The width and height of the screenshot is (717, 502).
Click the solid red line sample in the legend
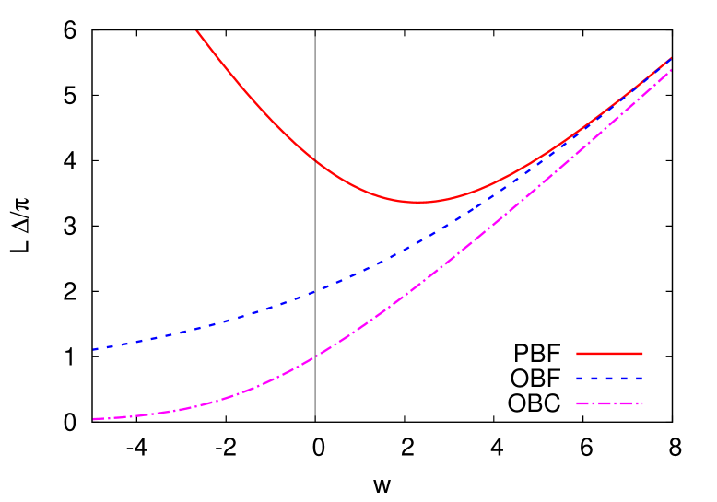tap(609, 354)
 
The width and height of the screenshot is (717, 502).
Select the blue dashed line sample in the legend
tap(609, 379)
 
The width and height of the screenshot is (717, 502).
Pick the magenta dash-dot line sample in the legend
tap(609, 403)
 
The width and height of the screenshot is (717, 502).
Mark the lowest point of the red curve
tap(419, 202)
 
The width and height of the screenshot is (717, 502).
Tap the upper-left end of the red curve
tap(197, 31)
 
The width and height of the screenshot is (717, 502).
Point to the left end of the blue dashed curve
tap(94, 349)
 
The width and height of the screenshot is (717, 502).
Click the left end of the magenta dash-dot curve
tap(94, 419)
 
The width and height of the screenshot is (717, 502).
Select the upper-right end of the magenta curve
tap(670, 70)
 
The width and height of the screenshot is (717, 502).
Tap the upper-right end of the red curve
tap(670, 58)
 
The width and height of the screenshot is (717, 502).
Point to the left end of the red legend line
tap(578, 354)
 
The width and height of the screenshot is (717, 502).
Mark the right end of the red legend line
tap(641, 354)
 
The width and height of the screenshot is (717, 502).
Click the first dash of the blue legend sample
tap(582, 379)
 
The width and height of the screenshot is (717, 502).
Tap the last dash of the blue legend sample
tap(638, 379)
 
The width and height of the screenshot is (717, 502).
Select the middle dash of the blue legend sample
tap(609, 379)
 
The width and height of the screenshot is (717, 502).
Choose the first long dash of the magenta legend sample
tap(584, 403)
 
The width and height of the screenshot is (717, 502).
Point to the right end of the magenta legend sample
tap(641, 403)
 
